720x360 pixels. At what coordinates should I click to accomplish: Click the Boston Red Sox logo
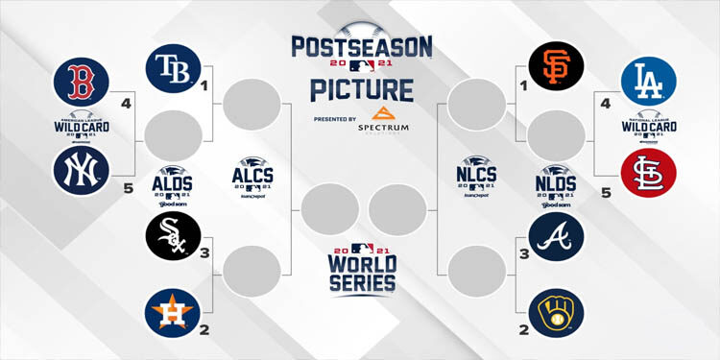click(x=81, y=83)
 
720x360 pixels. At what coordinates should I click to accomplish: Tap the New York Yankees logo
click(x=81, y=172)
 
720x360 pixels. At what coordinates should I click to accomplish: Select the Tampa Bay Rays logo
click(x=172, y=68)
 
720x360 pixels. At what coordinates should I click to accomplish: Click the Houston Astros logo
click(x=172, y=313)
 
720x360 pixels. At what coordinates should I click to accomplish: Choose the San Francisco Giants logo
click(x=556, y=68)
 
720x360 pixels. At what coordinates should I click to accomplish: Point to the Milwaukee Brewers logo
click(x=556, y=313)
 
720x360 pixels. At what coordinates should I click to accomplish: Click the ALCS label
click(x=252, y=175)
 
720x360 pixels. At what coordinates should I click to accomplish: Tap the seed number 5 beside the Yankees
click(x=128, y=189)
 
